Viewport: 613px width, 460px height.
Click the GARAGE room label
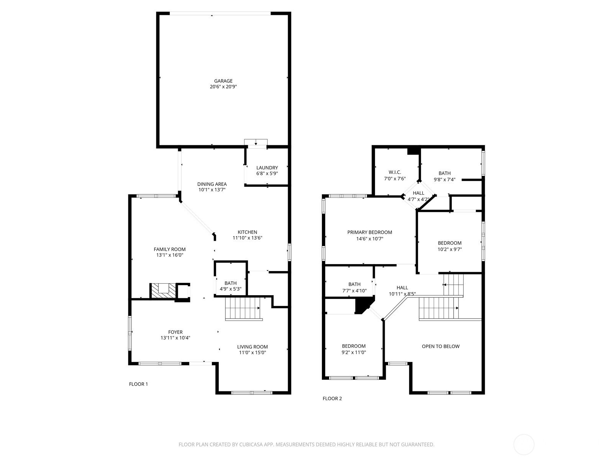pyautogui.click(x=223, y=81)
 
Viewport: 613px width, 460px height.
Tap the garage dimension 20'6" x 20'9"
pyautogui.click(x=223, y=87)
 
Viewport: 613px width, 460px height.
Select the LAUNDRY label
pyautogui.click(x=267, y=168)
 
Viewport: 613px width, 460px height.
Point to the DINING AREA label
pyautogui.click(x=212, y=184)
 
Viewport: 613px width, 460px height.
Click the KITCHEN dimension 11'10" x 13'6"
pyautogui.click(x=247, y=238)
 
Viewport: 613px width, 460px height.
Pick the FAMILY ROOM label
pyautogui.click(x=169, y=249)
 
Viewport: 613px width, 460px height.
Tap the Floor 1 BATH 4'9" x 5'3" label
pyautogui.click(x=230, y=286)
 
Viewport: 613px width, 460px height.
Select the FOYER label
pyautogui.click(x=175, y=332)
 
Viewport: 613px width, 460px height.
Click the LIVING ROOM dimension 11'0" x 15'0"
pyautogui.click(x=252, y=352)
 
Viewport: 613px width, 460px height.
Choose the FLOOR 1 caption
pyautogui.click(x=139, y=384)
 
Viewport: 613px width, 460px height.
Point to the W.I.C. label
pyautogui.click(x=395, y=172)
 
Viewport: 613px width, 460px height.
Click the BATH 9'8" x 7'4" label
pyautogui.click(x=444, y=176)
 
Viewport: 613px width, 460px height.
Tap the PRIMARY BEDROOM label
pyautogui.click(x=370, y=232)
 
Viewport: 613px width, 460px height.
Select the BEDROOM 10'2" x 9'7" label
pyautogui.click(x=450, y=246)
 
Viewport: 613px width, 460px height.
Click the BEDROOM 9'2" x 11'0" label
pyautogui.click(x=354, y=349)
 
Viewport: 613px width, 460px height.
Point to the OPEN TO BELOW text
pyautogui.click(x=441, y=346)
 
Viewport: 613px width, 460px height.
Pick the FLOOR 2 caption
pyautogui.click(x=332, y=399)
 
